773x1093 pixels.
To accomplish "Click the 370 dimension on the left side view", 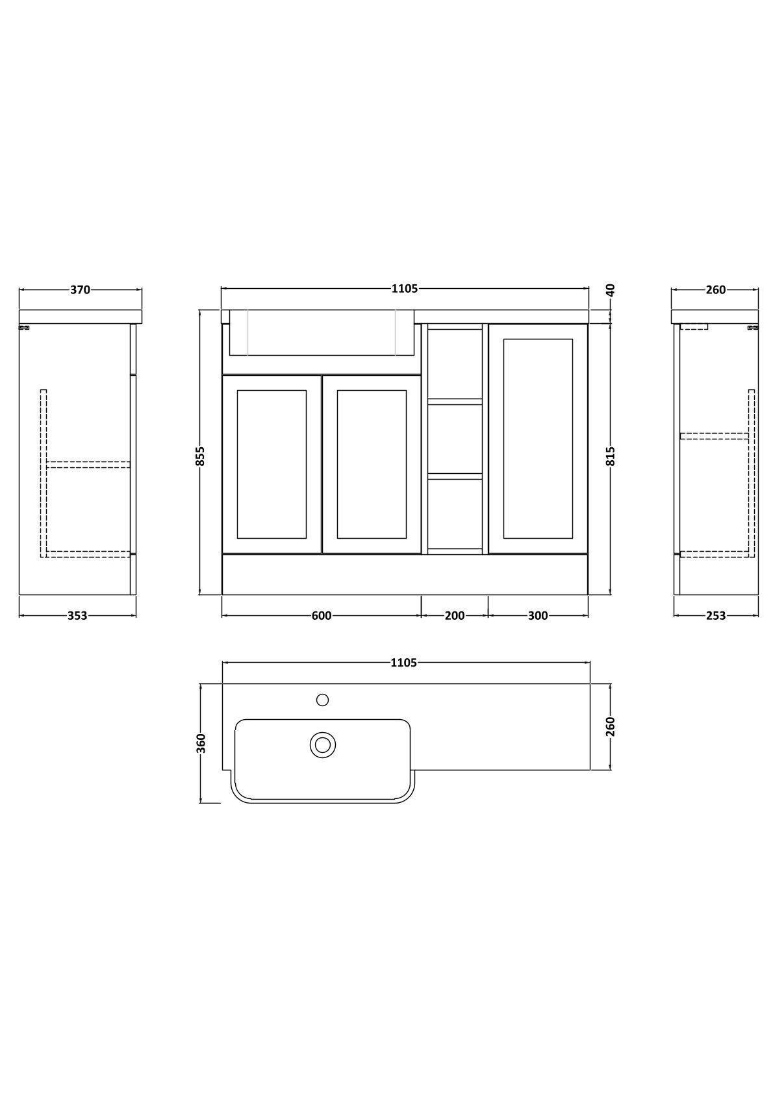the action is coord(80,290).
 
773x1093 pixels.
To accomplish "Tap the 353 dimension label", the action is coord(77,616).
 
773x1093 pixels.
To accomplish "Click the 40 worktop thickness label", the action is coord(611,290).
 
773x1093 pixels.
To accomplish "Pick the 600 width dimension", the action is coord(322,616).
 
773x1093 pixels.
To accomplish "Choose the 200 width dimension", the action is coord(455,616).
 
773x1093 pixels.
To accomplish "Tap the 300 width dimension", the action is coord(538,616).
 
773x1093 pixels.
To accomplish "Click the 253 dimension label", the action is coord(716,616).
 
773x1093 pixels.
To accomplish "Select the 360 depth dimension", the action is coord(201,743).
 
